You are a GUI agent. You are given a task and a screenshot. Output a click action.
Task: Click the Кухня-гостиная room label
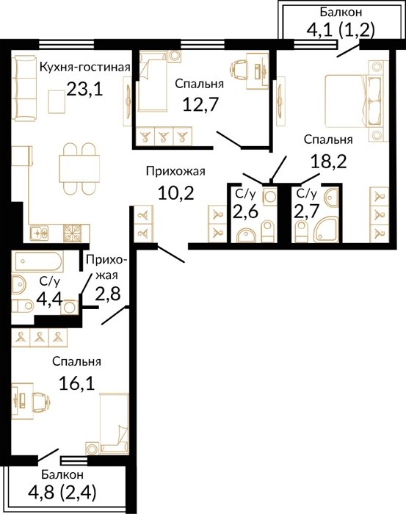click(85, 68)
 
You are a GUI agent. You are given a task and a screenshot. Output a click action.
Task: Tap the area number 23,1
click(85, 89)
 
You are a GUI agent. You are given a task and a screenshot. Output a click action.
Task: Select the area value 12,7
click(200, 104)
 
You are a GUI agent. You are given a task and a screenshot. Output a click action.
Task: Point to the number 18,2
click(328, 162)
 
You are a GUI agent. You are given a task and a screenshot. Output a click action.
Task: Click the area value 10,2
click(176, 192)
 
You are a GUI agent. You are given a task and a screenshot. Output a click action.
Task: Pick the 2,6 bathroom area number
click(245, 211)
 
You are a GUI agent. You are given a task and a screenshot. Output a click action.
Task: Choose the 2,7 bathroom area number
click(306, 211)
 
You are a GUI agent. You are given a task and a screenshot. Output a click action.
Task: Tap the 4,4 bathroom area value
click(49, 299)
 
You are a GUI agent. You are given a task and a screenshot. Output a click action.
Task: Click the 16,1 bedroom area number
click(77, 383)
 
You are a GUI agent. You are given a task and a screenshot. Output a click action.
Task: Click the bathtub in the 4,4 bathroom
click(37, 262)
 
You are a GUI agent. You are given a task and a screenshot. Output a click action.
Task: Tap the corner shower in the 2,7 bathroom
click(327, 229)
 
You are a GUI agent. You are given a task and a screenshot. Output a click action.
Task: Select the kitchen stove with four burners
click(72, 233)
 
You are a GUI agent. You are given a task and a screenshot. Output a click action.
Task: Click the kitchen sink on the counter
click(39, 233)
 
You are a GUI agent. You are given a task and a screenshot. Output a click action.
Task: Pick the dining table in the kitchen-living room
click(79, 168)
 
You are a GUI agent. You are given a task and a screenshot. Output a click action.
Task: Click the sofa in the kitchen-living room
click(25, 88)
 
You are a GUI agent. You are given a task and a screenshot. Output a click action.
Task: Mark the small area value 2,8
click(108, 294)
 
